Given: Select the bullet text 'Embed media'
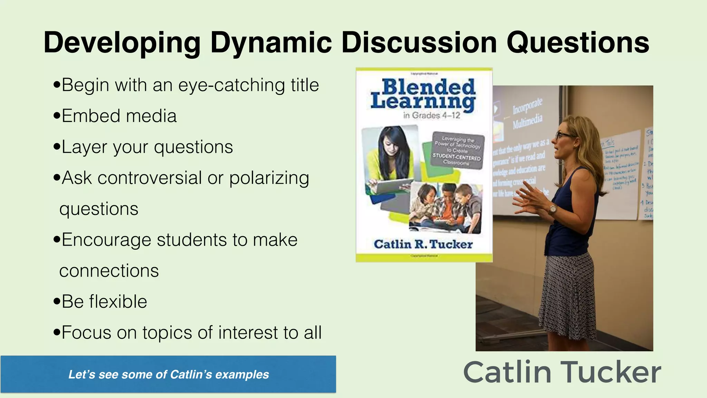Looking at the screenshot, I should (119, 116).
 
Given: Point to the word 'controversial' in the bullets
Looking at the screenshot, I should (149, 178).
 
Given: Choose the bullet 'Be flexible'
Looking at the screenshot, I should (104, 302).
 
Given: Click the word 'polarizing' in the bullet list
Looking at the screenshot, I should (269, 178).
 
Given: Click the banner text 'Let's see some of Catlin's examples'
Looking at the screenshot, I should (168, 375).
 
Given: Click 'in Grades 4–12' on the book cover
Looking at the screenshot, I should (432, 115).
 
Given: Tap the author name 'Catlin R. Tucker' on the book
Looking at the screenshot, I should (423, 244).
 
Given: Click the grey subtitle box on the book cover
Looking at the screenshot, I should (458, 151).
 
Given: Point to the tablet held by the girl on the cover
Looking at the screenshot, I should (394, 186).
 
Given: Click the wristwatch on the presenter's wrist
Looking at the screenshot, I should (553, 209).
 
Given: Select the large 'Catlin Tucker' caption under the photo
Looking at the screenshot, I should (562, 372).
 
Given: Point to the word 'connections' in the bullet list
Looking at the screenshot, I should (109, 271).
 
